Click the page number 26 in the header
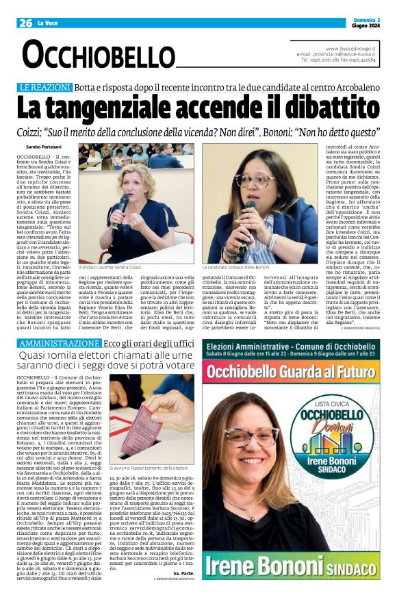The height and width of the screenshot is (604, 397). (x=25, y=23)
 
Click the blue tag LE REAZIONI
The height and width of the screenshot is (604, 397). (x=45, y=88)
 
